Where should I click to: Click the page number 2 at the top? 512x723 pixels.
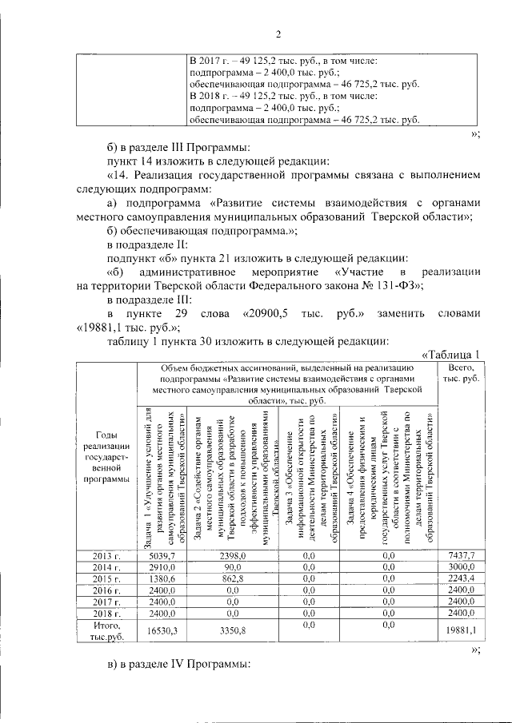click(x=278, y=34)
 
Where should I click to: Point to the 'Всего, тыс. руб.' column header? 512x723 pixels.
click(x=461, y=371)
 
